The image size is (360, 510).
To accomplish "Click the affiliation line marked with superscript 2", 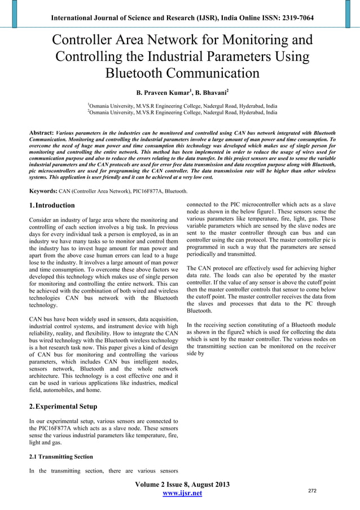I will pos(182,112).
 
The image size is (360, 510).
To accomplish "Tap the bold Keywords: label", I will pos(45,191).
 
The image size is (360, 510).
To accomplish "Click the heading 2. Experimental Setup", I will pos(63,406).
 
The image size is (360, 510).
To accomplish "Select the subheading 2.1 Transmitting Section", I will pos(60,456).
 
